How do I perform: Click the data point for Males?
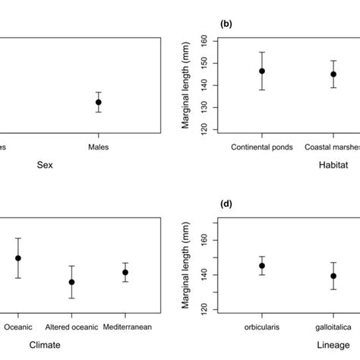point(98,102)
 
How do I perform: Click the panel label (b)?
point(226,24)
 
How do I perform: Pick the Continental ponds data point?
point(262,71)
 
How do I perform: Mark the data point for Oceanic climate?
point(18,258)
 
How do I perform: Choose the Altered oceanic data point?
point(71,282)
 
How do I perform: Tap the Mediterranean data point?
point(125,272)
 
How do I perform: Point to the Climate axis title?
point(45,344)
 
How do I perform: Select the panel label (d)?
point(226,204)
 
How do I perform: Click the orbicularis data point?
point(262,266)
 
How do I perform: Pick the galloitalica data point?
point(333,276)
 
